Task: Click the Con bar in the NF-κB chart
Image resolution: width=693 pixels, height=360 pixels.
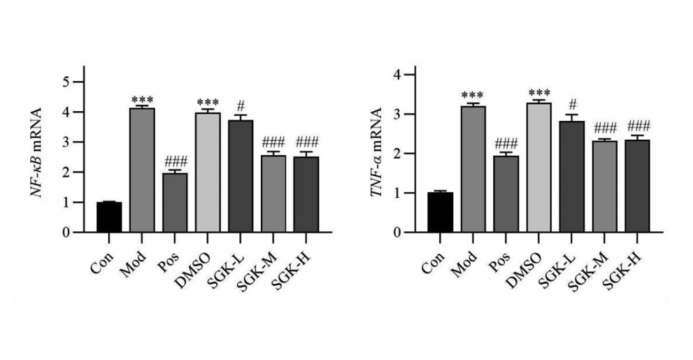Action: coord(109,217)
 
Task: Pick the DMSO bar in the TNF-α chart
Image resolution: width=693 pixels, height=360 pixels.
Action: coord(538,168)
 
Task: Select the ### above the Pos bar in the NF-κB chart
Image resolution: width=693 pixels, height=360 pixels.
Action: coord(174,159)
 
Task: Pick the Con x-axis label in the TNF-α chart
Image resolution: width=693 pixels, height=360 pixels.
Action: coord(434,255)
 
